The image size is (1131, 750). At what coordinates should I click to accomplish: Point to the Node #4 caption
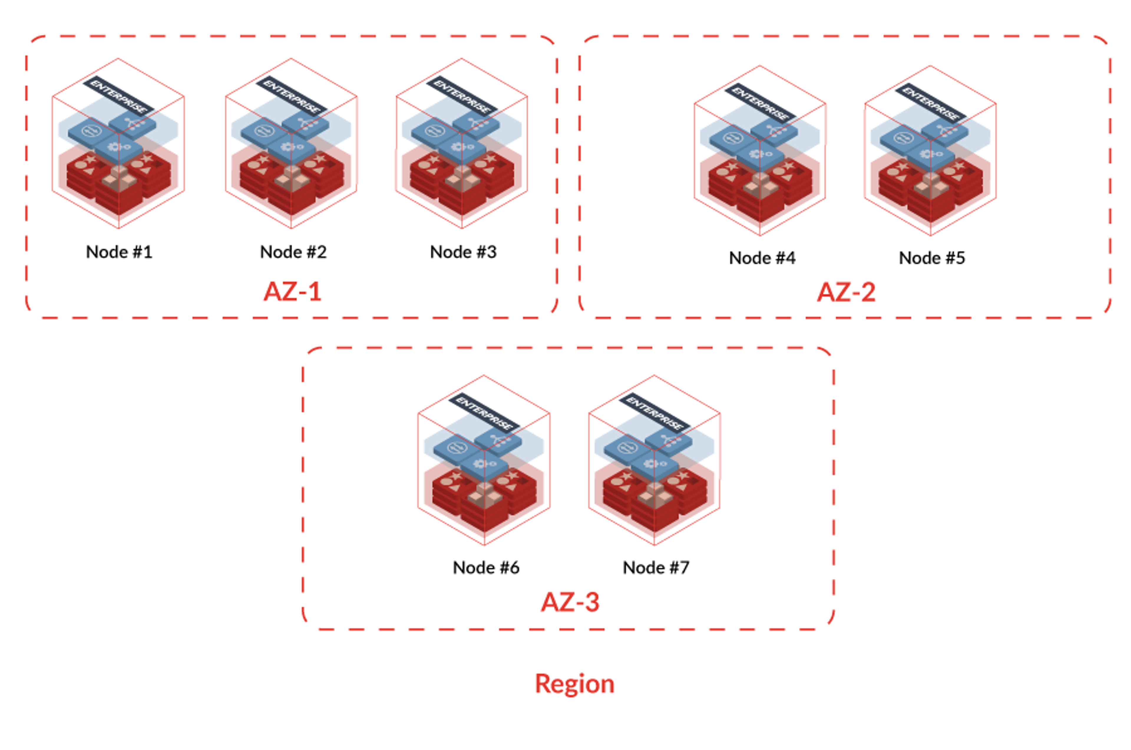pyautogui.click(x=762, y=258)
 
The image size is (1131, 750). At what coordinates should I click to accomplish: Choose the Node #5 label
pyautogui.click(x=932, y=258)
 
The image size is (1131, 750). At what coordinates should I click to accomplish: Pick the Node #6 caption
pyautogui.click(x=486, y=568)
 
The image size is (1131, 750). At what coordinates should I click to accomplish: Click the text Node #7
pyautogui.click(x=655, y=568)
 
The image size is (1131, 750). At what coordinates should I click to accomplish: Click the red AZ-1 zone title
pyautogui.click(x=292, y=292)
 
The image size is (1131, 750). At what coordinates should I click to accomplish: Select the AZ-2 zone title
pyautogui.click(x=846, y=292)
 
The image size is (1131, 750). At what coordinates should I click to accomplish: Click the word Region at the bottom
pyautogui.click(x=574, y=684)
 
